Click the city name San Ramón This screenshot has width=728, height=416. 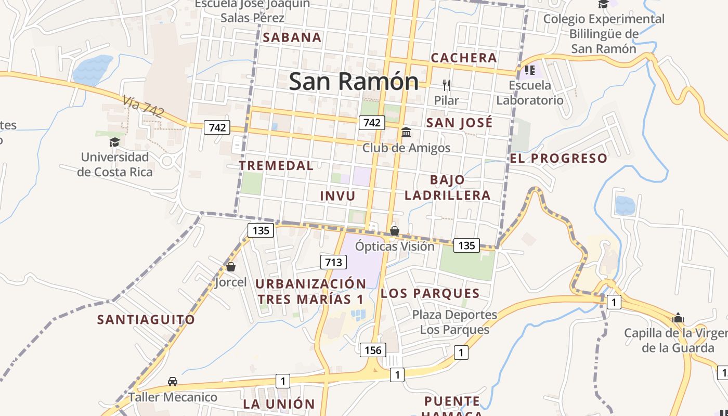pyautogui.click(x=354, y=82)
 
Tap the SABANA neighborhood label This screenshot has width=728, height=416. pyautogui.click(x=292, y=37)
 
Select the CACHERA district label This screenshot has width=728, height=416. pyautogui.click(x=464, y=58)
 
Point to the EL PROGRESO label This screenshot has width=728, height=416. pyautogui.click(x=558, y=159)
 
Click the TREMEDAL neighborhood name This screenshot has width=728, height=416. pyautogui.click(x=276, y=166)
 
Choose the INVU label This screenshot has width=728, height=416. pyautogui.click(x=337, y=196)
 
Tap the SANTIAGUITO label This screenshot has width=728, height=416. pyautogui.click(x=146, y=319)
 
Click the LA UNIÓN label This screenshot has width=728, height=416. pyautogui.click(x=279, y=404)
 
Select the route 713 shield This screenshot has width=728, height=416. pyautogui.click(x=333, y=262)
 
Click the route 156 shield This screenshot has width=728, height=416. pyautogui.click(x=373, y=350)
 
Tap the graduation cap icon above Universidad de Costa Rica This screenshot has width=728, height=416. pyautogui.click(x=114, y=142)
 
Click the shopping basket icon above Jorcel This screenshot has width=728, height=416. pyautogui.click(x=231, y=267)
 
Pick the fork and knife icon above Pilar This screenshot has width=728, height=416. pyautogui.click(x=446, y=85)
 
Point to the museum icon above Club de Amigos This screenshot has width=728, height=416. pyautogui.click(x=406, y=133)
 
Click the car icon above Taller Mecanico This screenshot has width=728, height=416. pyautogui.click(x=173, y=382)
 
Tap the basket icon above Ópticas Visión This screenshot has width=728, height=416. pyautogui.click(x=395, y=230)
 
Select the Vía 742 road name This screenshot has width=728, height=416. pyautogui.click(x=144, y=106)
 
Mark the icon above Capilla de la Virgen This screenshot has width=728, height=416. pyautogui.click(x=678, y=318)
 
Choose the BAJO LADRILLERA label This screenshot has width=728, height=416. pyautogui.click(x=447, y=188)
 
